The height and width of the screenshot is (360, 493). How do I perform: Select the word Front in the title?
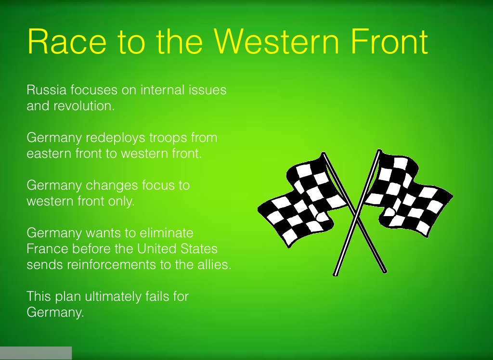[389, 41]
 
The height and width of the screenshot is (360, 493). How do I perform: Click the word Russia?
[47, 90]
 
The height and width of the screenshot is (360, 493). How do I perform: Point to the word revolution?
[84, 106]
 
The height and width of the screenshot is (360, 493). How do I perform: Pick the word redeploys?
[116, 138]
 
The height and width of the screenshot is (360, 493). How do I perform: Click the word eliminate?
[166, 233]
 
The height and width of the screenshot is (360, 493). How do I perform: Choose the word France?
[47, 249]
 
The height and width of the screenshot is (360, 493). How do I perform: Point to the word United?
[157, 249]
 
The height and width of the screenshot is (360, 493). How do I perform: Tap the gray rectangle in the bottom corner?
[36, 353]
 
